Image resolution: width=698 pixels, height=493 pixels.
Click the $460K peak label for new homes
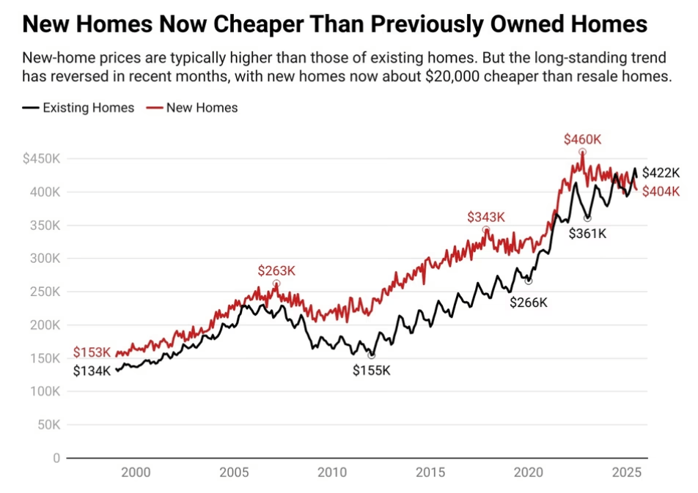pos(581,138)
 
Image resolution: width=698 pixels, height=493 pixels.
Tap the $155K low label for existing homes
pos(372,371)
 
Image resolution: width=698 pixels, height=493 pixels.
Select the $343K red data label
pos(486,217)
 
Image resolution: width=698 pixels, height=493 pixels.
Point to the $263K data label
pos(276,270)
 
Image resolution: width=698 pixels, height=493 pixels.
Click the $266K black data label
pos(529,302)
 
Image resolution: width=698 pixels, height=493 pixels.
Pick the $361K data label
pos(587,234)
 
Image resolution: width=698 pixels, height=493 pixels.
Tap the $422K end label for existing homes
pos(661,173)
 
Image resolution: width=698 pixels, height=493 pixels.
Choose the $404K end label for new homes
pos(661,192)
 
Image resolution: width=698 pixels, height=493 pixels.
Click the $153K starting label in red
pos(92,353)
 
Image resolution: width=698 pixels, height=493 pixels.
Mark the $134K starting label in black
pos(92,371)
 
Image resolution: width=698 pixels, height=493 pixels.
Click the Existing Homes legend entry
pos(78,108)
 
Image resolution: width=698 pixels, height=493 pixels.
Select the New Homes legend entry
pos(193,108)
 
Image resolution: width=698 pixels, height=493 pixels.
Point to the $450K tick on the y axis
pos(41,159)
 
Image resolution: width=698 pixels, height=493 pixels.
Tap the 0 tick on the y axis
pos(56,458)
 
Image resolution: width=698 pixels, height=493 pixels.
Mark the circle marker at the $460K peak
pos(582,152)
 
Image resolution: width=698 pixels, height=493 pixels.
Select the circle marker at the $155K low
pos(372,355)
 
